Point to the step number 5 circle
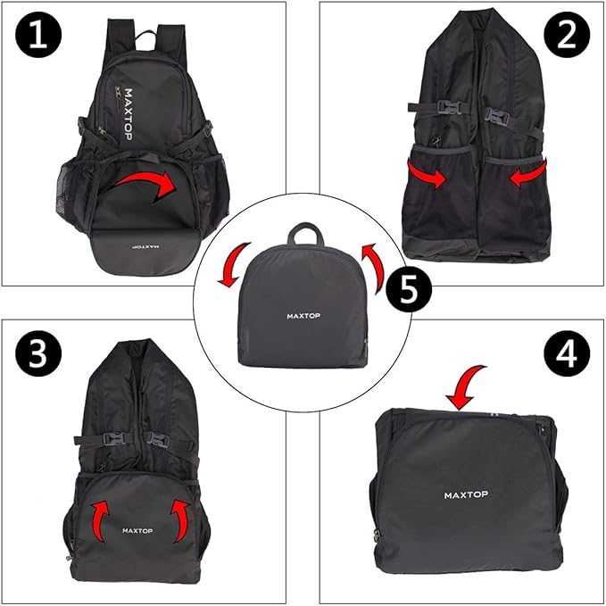[x=407, y=291]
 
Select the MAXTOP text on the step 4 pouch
[x=467, y=494]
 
